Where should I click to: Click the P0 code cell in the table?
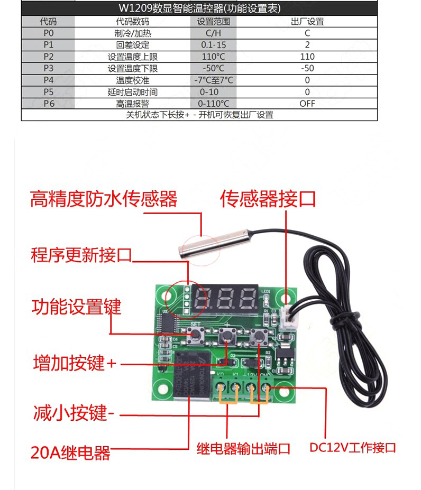[x=48, y=33]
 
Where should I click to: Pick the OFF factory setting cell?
[x=307, y=104]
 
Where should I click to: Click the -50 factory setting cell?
[x=307, y=68]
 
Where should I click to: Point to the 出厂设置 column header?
[x=307, y=22]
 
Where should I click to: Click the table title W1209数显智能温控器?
[x=199, y=9]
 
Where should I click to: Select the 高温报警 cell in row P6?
[x=132, y=104]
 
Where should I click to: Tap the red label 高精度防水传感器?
[x=104, y=200]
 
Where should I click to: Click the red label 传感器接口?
[x=268, y=199]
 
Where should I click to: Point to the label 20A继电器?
[x=71, y=452]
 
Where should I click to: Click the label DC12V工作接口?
[x=353, y=448]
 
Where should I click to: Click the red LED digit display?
[x=225, y=300]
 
